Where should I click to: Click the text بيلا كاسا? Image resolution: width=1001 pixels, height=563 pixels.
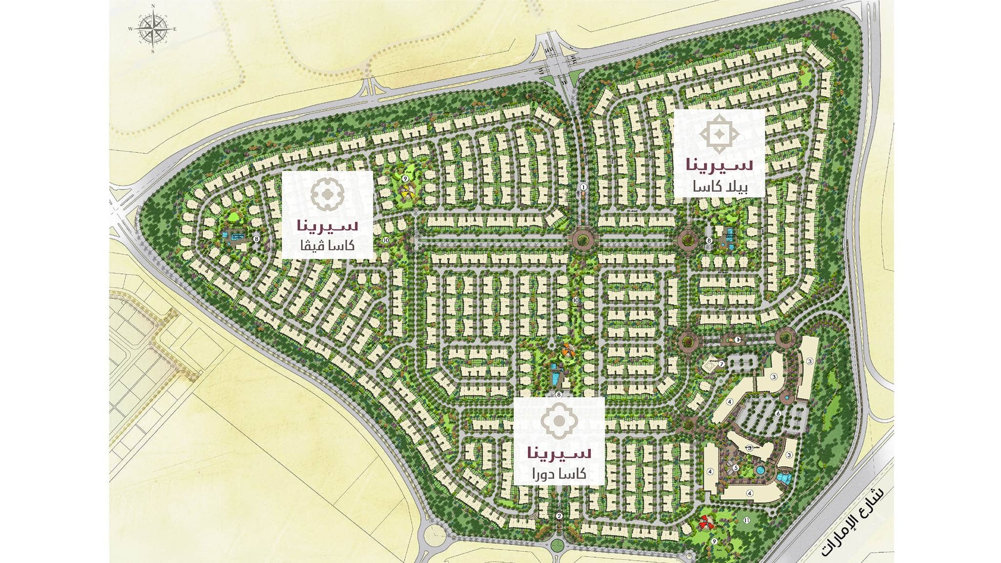pyautogui.click(x=719, y=186)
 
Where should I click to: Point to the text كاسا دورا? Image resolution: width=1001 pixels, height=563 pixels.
pyautogui.click(x=559, y=474)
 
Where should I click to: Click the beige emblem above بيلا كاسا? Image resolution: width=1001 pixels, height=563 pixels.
pyautogui.click(x=719, y=133)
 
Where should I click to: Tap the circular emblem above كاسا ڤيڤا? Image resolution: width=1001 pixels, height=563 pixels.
pyautogui.click(x=327, y=194)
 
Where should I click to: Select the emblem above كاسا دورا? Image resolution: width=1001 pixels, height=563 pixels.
pyautogui.click(x=559, y=419)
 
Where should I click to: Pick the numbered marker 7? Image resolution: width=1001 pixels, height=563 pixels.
pyautogui.click(x=721, y=363)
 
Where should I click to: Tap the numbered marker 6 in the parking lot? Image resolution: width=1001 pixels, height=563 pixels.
pyautogui.click(x=778, y=414)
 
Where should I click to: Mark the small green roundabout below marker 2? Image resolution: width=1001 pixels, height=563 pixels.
pyautogui.click(x=557, y=545)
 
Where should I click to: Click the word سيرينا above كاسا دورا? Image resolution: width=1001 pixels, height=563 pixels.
pyautogui.click(x=559, y=452)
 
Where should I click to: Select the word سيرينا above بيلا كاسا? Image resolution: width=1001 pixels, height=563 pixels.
pyautogui.click(x=719, y=165)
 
